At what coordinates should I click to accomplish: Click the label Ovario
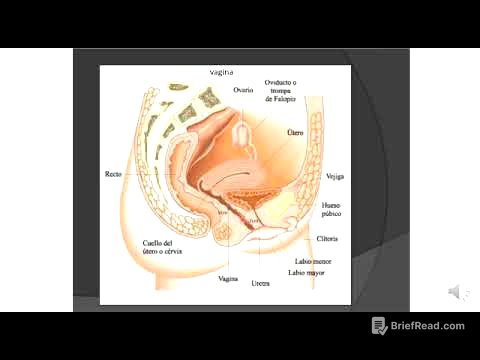(x=243, y=90)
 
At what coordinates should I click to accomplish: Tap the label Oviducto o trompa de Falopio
(x=283, y=91)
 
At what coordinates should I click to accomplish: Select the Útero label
(x=295, y=132)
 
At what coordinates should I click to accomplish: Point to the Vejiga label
(x=335, y=176)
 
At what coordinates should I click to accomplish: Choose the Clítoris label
(x=327, y=239)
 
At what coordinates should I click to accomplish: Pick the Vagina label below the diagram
(x=228, y=279)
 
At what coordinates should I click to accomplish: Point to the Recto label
(x=113, y=174)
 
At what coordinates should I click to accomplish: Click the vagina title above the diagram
(x=222, y=72)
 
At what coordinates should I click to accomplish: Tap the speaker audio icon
(x=455, y=291)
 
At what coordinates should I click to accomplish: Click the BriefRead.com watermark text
(x=429, y=326)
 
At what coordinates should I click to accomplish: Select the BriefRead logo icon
(x=380, y=326)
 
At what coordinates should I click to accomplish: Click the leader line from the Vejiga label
(x=318, y=177)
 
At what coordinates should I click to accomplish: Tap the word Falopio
(x=283, y=100)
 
